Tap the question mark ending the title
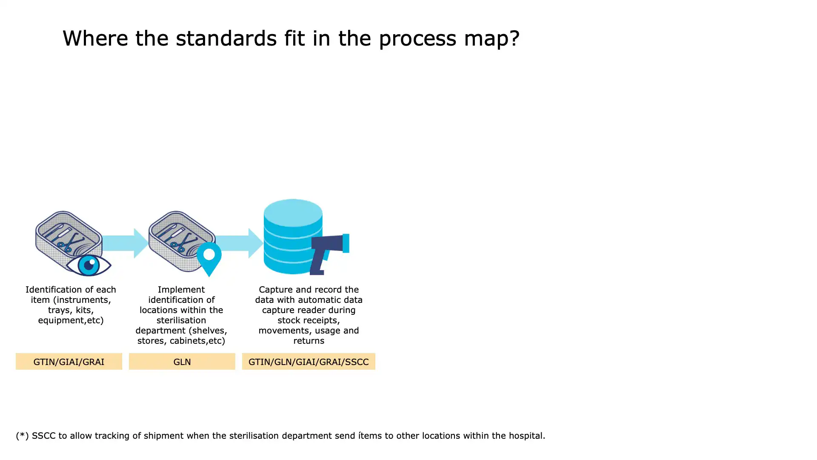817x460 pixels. pyautogui.click(x=514, y=38)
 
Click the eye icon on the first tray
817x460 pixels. pyautogui.click(x=89, y=265)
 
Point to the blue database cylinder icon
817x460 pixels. pyautogui.click(x=293, y=236)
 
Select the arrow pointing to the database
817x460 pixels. pyautogui.click(x=240, y=243)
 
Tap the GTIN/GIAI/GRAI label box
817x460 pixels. pyautogui.click(x=69, y=361)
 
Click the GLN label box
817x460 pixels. pyautogui.click(x=182, y=361)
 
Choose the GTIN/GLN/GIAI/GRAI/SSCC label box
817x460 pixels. pyautogui.click(x=309, y=361)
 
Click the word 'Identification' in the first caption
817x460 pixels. pyautogui.click(x=54, y=290)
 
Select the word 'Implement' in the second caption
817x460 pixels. pyautogui.click(x=181, y=290)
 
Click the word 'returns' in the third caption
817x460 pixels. pyautogui.click(x=309, y=341)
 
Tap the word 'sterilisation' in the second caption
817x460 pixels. pyautogui.click(x=181, y=320)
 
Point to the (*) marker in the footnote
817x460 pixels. pyautogui.click(x=22, y=436)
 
